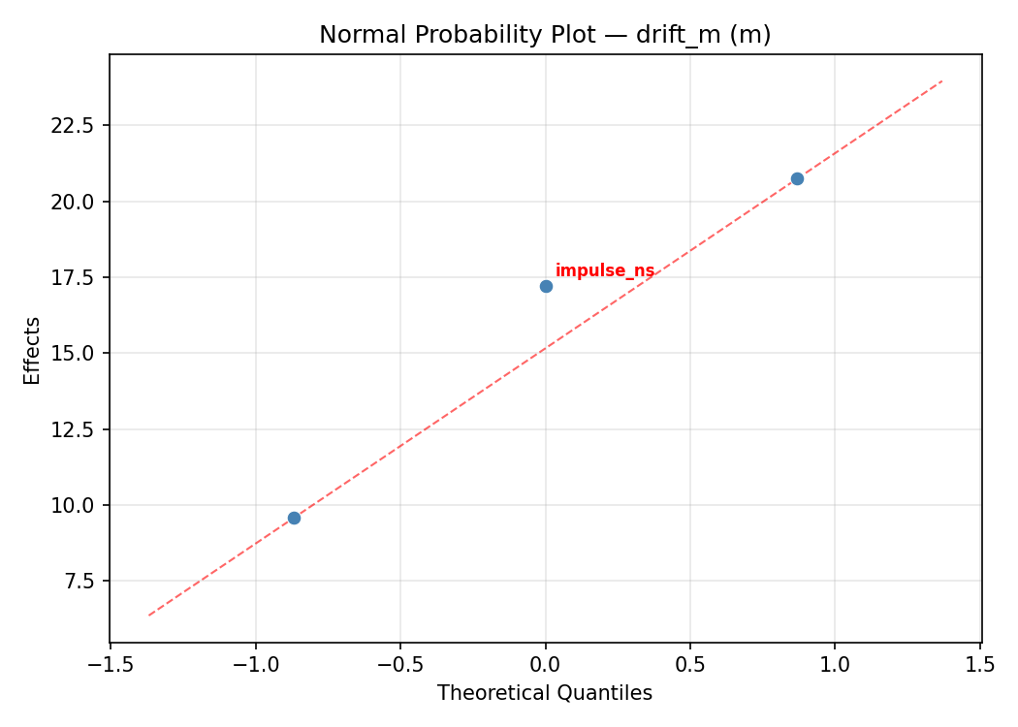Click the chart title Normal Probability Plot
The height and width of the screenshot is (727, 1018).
(545, 35)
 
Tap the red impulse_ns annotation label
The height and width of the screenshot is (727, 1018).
(604, 270)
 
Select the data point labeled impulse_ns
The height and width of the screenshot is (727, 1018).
(546, 286)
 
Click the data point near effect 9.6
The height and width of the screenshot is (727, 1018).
(294, 518)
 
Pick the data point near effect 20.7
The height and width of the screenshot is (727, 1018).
(797, 178)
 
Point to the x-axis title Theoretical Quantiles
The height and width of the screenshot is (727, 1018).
(545, 693)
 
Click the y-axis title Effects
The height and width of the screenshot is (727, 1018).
(33, 351)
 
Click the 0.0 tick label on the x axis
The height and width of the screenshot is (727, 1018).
(546, 665)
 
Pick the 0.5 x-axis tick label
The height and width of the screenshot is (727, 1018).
(690, 665)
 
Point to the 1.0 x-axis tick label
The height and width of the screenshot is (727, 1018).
(836, 665)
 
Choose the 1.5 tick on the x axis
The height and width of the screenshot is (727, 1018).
(980, 665)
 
